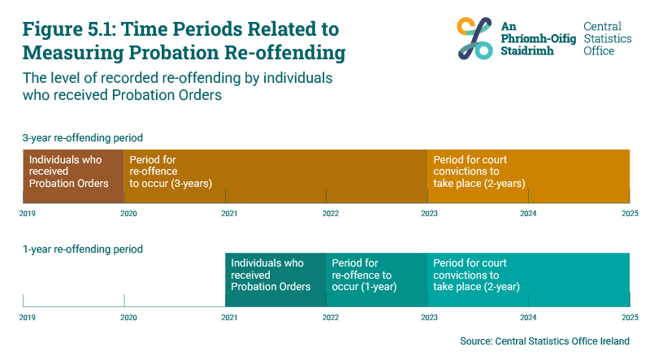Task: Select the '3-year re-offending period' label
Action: (83, 137)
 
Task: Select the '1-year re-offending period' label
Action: (83, 249)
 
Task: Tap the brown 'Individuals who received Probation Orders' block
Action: (73, 171)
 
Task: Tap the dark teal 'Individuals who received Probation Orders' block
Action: (275, 275)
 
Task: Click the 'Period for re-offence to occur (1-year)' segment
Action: (375, 275)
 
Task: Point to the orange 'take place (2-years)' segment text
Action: (479, 184)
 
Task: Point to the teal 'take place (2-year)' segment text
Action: (476, 287)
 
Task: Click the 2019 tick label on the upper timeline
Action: (27, 214)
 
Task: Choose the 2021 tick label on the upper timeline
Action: (229, 214)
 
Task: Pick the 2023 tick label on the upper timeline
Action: (430, 214)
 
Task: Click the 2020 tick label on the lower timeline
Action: (128, 317)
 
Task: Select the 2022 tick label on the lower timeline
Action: (330, 317)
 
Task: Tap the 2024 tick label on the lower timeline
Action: (528, 317)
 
